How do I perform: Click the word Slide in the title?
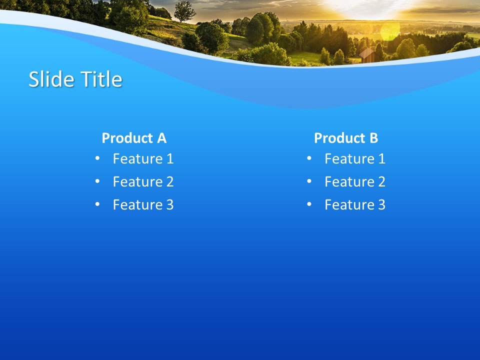point(46,79)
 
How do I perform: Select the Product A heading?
point(134,138)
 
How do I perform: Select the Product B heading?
point(346,138)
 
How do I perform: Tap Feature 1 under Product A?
point(143,159)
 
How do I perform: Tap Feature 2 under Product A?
point(143,182)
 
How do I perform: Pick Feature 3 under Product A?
point(143,205)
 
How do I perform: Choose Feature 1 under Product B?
point(355,159)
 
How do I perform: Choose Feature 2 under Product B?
point(355,182)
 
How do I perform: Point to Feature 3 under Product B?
point(355,205)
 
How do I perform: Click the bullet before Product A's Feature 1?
point(97,158)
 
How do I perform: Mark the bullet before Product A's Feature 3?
point(97,204)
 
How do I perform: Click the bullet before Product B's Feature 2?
point(309,181)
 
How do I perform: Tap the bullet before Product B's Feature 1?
point(309,158)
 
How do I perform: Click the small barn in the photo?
point(367,55)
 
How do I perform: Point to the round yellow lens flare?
point(390,31)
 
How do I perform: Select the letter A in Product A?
point(161,138)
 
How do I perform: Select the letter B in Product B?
point(373,138)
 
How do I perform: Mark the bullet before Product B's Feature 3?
point(309,204)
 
